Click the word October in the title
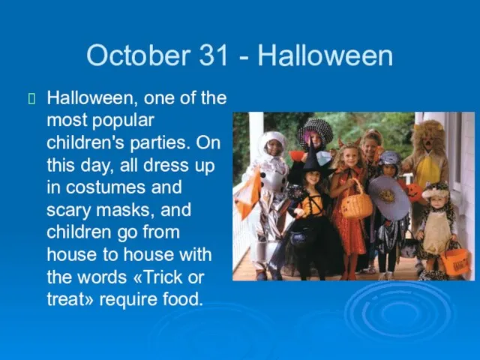click(x=138, y=55)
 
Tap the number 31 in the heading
click(x=214, y=55)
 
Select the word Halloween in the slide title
click(x=325, y=55)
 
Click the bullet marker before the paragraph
click(x=31, y=98)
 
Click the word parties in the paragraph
click(x=158, y=143)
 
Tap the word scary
click(x=69, y=211)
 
